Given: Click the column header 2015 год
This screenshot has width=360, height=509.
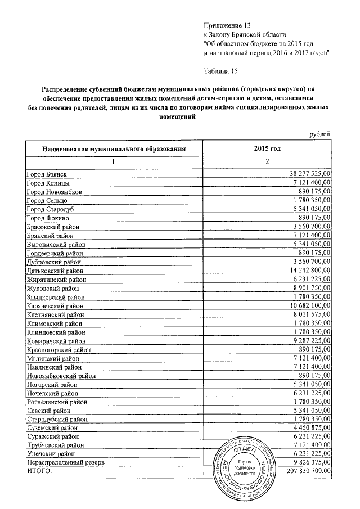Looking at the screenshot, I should point(268,148).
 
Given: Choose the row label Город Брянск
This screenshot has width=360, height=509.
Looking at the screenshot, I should point(50,175).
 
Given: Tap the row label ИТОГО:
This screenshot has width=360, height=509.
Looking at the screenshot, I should point(39,470).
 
